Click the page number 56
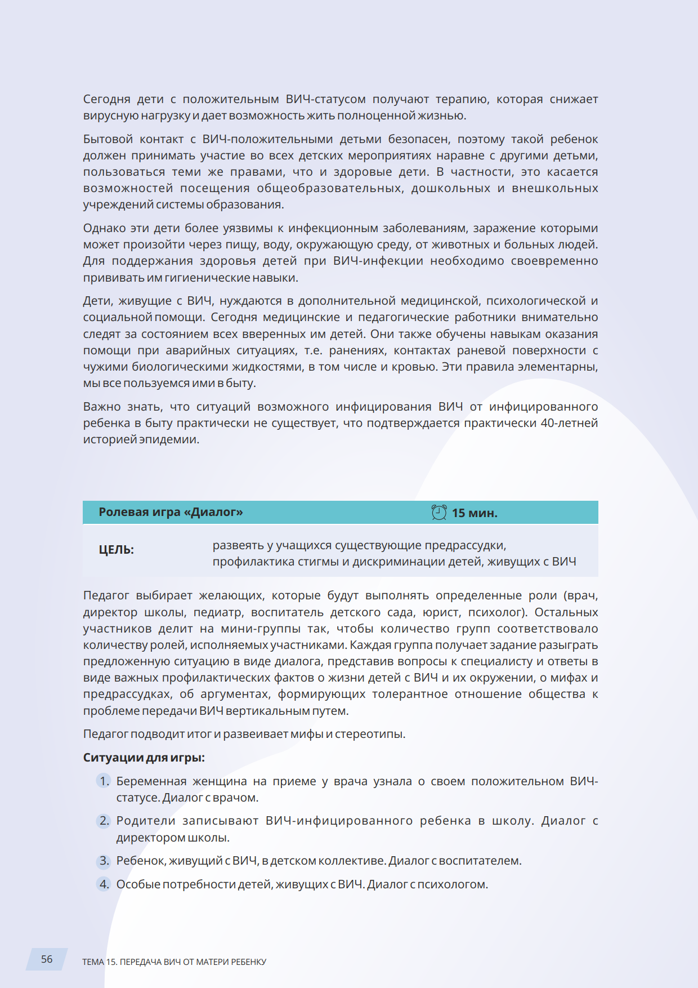pyautogui.click(x=47, y=959)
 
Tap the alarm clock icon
pyautogui.click(x=439, y=512)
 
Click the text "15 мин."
pyautogui.click(x=475, y=513)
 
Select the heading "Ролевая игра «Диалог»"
pyautogui.click(x=171, y=512)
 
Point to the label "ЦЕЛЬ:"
pyautogui.click(x=117, y=550)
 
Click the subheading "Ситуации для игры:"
pyautogui.click(x=144, y=758)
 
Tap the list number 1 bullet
pyautogui.click(x=104, y=781)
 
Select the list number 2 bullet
pyautogui.click(x=104, y=821)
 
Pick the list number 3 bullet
pyautogui.click(x=104, y=861)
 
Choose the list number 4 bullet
pyautogui.click(x=104, y=884)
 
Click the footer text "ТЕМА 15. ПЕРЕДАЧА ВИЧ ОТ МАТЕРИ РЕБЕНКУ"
pyautogui.click(x=174, y=962)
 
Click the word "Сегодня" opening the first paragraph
pyautogui.click(x=106, y=100)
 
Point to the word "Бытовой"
pyautogui.click(x=108, y=139)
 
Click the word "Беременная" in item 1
pyautogui.click(x=151, y=781)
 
